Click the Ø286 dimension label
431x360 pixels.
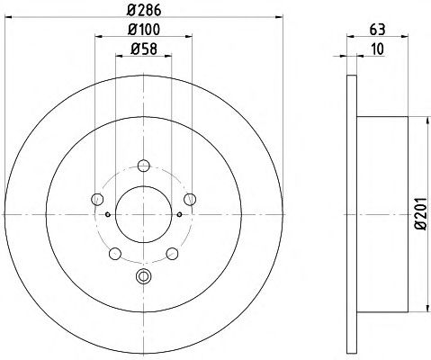[144, 10]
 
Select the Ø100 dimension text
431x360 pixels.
[144, 30]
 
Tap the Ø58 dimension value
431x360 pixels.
[144, 49]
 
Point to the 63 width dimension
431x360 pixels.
[377, 30]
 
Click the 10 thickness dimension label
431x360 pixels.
[377, 49]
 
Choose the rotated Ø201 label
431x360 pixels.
[421, 214]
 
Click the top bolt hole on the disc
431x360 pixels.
[144, 166]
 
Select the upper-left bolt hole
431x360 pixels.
[97, 199]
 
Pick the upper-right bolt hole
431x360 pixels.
[190, 199]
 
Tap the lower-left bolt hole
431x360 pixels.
[115, 254]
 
